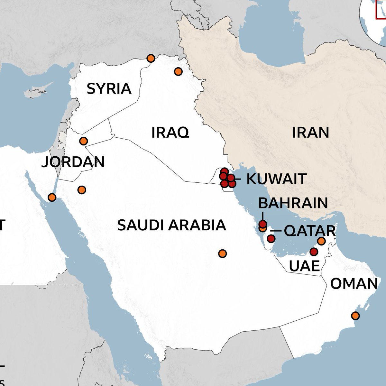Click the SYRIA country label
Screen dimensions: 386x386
click(109, 88)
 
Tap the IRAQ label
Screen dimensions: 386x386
click(170, 132)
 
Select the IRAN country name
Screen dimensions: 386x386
click(310, 132)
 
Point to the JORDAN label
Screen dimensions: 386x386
click(73, 162)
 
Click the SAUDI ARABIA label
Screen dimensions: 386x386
click(171, 225)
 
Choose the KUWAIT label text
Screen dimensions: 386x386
click(276, 179)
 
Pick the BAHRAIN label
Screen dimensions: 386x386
click(293, 203)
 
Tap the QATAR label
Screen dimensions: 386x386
click(310, 231)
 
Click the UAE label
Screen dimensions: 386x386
click(304, 266)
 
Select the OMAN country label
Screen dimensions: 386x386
click(354, 284)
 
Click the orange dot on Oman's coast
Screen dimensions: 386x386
click(355, 316)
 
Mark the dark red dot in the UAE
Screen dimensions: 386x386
click(314, 252)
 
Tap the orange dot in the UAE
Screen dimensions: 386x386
click(321, 241)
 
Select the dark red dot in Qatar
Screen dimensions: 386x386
click(271, 239)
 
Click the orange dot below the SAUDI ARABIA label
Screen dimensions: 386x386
click(222, 253)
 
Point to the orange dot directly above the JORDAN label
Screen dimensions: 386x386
click(83, 141)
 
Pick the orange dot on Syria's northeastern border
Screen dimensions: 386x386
click(151, 58)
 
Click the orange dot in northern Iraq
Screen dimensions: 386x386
click(178, 71)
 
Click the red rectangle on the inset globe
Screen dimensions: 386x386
click(381, 10)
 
